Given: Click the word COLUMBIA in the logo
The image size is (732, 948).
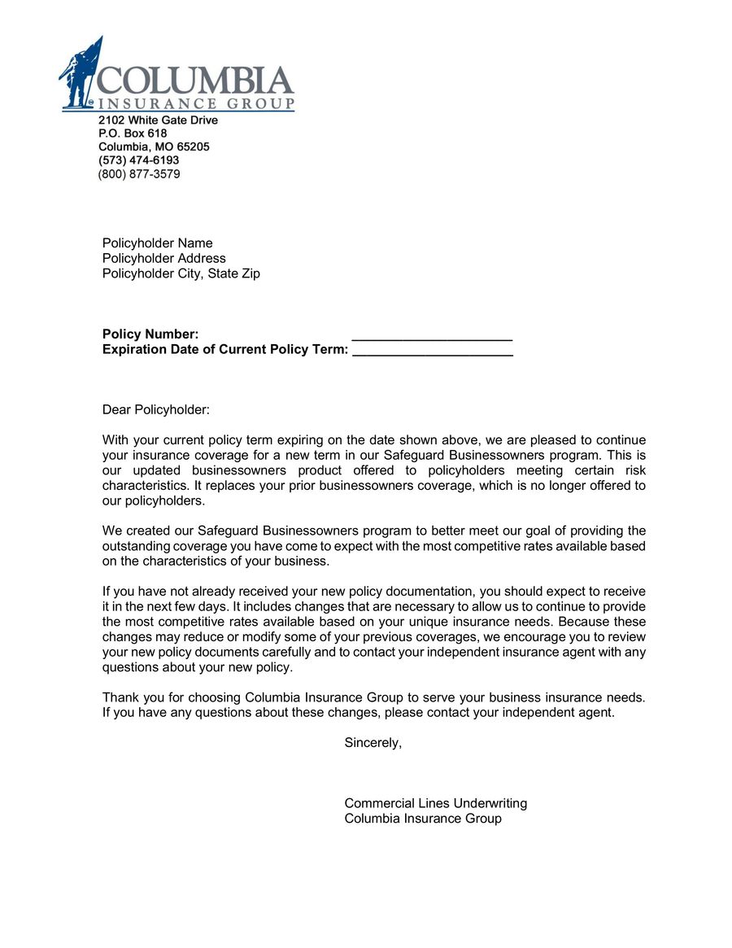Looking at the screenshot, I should [195, 81].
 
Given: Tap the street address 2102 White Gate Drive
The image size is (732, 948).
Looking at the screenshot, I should [158, 120].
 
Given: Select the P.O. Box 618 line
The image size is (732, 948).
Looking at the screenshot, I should [133, 133].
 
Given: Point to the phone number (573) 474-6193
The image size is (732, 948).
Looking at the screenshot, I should [138, 160].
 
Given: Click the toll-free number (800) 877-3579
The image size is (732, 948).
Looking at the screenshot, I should [139, 174].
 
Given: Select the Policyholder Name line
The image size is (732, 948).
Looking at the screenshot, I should [157, 243].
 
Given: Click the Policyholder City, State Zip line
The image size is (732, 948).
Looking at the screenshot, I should [181, 274].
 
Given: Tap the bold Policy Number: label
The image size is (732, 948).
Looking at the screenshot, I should [150, 334].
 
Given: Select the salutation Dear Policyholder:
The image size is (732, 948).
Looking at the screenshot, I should [155, 410].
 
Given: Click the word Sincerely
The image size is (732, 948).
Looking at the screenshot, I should [373, 742].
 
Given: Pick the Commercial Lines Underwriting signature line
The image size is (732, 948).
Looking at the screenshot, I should [435, 803].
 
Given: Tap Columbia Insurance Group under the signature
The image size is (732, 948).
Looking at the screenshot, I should [423, 819].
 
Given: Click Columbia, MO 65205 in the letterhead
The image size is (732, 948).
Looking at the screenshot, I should [154, 147].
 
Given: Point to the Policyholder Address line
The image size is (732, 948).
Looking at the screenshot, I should [163, 259].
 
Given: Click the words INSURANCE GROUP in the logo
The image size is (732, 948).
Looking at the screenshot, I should [195, 104].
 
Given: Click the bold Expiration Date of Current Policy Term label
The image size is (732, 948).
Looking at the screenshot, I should [225, 350].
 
